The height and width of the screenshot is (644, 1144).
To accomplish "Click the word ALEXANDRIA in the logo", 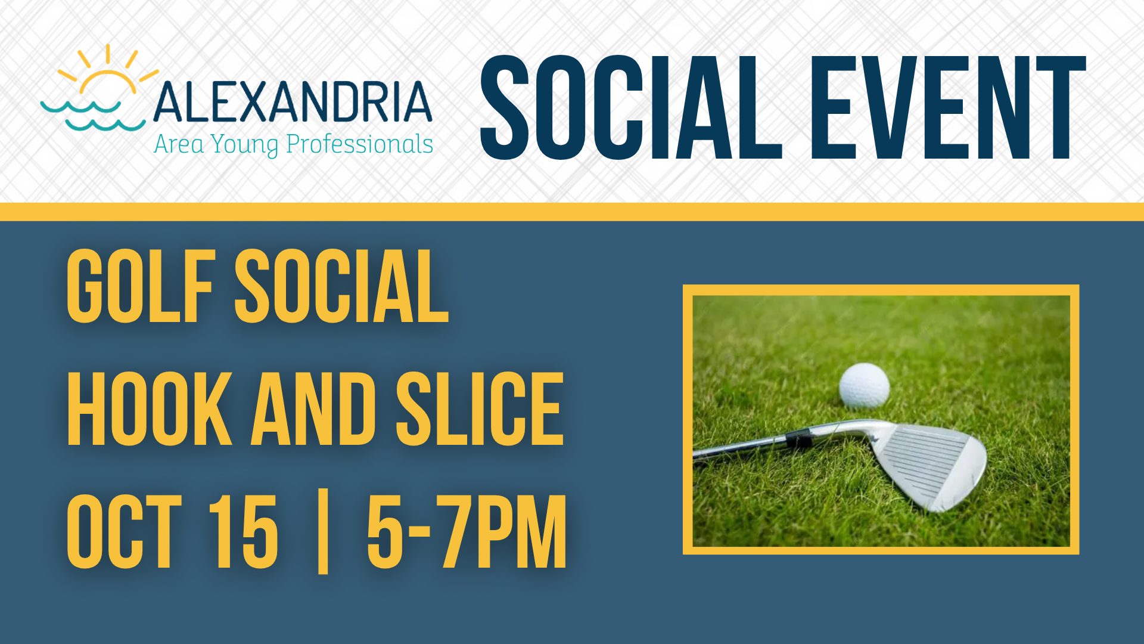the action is click(x=292, y=102).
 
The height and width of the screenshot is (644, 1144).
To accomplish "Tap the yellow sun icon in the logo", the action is click(x=108, y=70).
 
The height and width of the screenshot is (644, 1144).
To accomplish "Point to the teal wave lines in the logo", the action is click(x=93, y=116).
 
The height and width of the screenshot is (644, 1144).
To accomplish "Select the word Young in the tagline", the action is click(x=244, y=145).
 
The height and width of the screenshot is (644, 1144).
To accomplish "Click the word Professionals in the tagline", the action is click(x=359, y=144).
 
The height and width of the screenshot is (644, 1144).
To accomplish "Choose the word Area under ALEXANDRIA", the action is click(x=178, y=144).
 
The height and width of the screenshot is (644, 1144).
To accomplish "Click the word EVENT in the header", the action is click(x=947, y=107).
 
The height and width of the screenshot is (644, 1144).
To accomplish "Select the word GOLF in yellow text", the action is click(x=141, y=286).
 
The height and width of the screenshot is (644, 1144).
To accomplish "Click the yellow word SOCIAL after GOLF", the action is click(x=341, y=286).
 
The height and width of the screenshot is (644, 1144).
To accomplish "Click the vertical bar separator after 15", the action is click(x=323, y=531).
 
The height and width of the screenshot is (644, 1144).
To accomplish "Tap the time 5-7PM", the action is click(x=467, y=531).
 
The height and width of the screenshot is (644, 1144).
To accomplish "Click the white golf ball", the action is click(x=864, y=386).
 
